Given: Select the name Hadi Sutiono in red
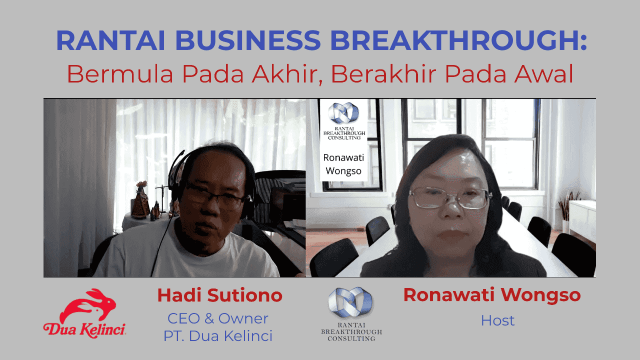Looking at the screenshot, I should pos(219,295).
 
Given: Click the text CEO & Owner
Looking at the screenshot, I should pos(218,318).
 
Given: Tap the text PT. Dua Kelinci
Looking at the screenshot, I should pos(218,336).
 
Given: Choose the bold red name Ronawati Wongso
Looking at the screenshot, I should pos(492,295).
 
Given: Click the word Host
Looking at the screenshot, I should pos(497,320).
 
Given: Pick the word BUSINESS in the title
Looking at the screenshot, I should pos(242,41).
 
